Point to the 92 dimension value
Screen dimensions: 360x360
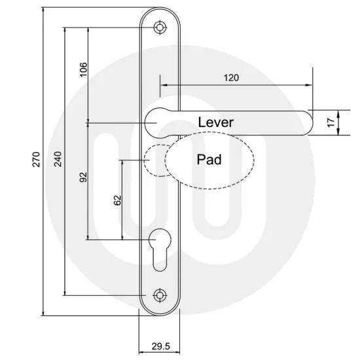84,177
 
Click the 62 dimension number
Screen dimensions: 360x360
118,200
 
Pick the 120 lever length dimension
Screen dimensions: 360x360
231,77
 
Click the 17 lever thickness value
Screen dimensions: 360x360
331,121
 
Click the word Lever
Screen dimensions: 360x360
215,122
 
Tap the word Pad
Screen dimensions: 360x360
209,159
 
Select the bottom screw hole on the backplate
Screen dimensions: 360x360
159,295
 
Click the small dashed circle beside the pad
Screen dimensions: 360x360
154,160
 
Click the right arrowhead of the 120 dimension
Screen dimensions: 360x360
308,85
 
